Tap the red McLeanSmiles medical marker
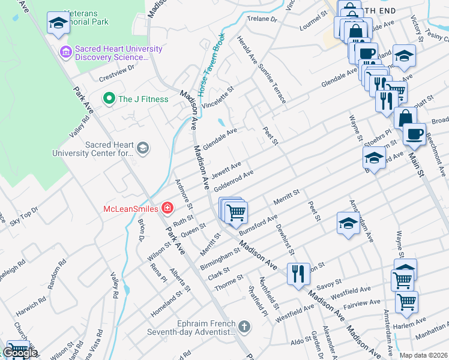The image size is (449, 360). (x=167, y=209)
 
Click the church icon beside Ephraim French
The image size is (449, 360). (x=243, y=327)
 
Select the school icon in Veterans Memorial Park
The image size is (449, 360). (x=58, y=23)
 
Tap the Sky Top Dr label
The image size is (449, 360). (x=23, y=217)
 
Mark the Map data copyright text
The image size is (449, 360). (x=423, y=355)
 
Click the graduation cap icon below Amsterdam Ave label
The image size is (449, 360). (x=348, y=223)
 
